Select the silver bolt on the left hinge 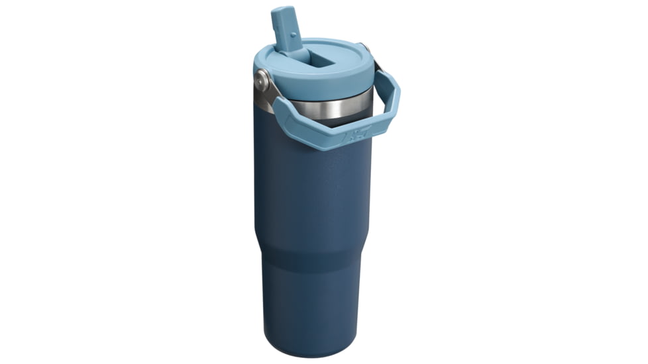click(x=262, y=81)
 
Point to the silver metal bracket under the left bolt click(x=265, y=99)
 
